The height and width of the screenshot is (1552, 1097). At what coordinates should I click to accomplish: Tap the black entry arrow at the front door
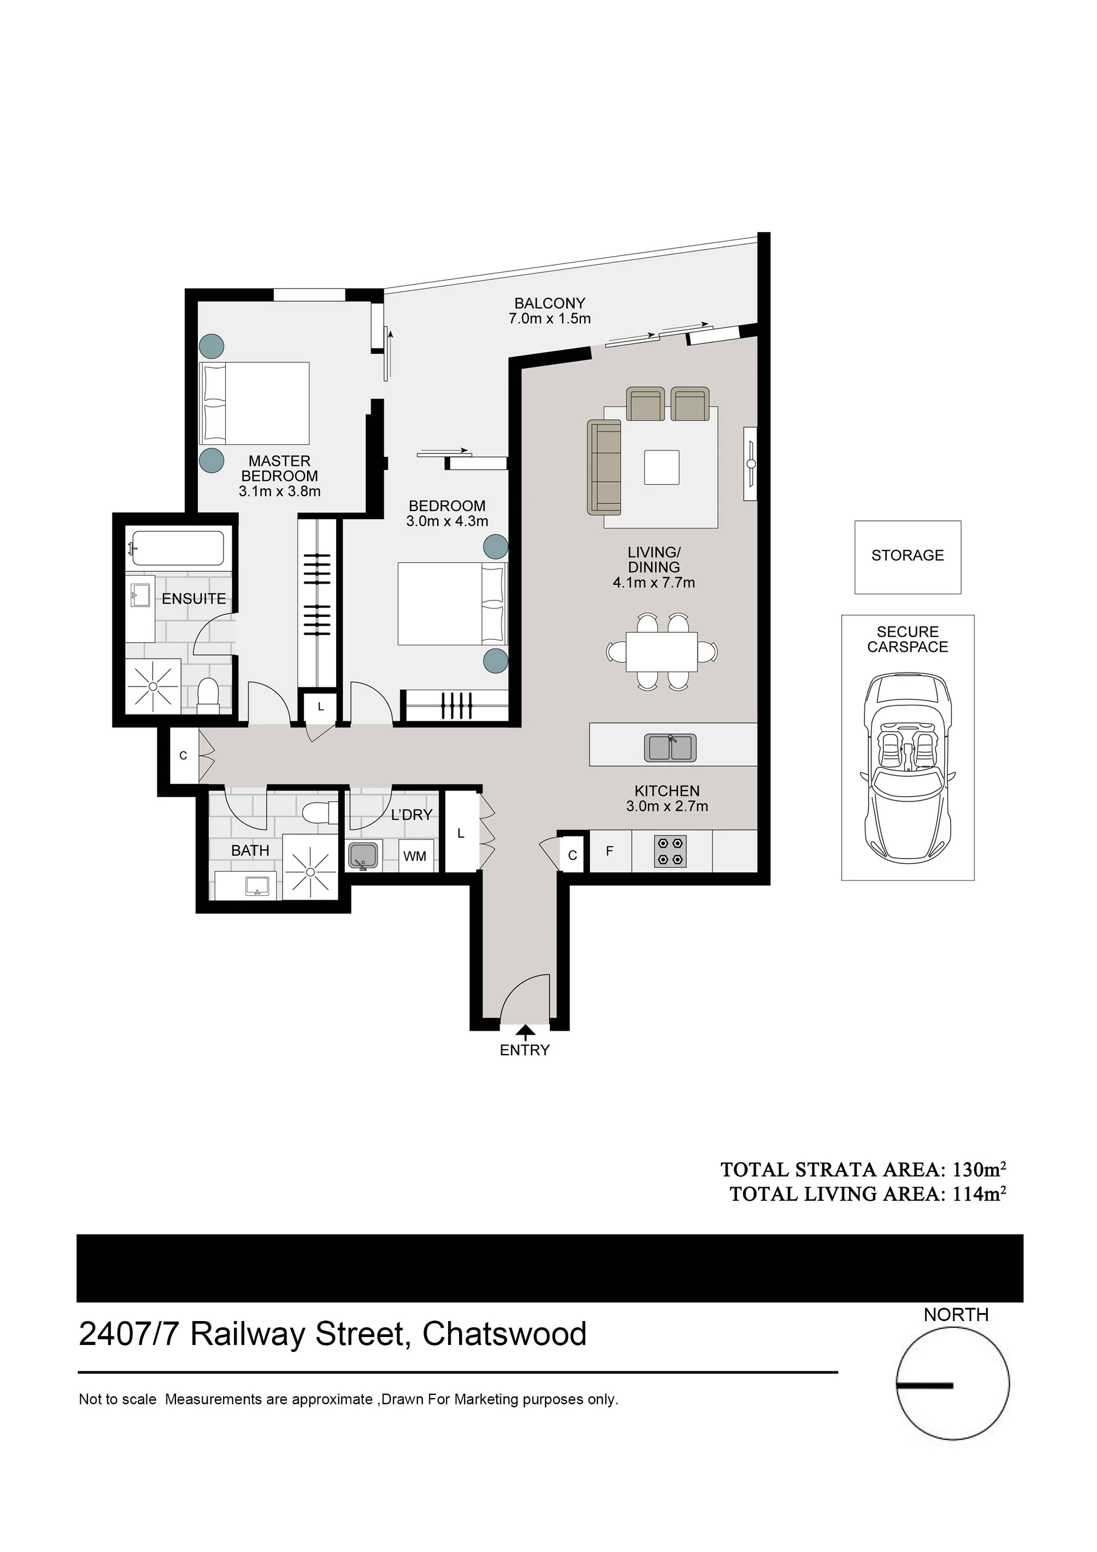525,1031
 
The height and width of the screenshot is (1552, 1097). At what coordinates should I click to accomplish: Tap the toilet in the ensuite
208,696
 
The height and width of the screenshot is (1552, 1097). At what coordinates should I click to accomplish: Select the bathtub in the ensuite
177,548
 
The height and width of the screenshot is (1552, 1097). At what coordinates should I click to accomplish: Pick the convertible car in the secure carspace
908,768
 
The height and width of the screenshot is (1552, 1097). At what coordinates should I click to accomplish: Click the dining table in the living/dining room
662,652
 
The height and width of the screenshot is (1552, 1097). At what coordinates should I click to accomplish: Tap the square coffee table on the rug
662,467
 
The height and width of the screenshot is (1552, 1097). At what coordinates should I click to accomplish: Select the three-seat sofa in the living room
604,467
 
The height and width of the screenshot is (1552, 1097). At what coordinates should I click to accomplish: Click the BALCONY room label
549,304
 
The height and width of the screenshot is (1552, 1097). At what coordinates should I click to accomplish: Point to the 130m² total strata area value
979,1169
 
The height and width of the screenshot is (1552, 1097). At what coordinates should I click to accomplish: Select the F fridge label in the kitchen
610,851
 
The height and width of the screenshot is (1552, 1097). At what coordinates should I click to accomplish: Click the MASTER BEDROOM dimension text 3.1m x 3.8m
280,492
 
